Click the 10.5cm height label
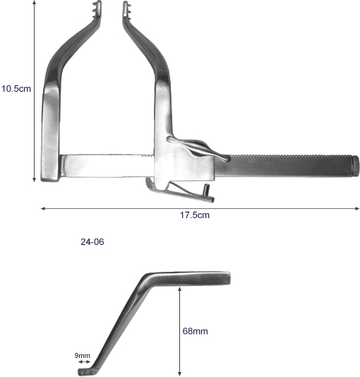[16, 89]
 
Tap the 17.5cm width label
[195, 215]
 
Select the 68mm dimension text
[195, 331]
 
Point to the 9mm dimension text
[82, 355]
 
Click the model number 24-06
[92, 241]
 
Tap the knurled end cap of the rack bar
[356, 165]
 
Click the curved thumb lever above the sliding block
[198, 147]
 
